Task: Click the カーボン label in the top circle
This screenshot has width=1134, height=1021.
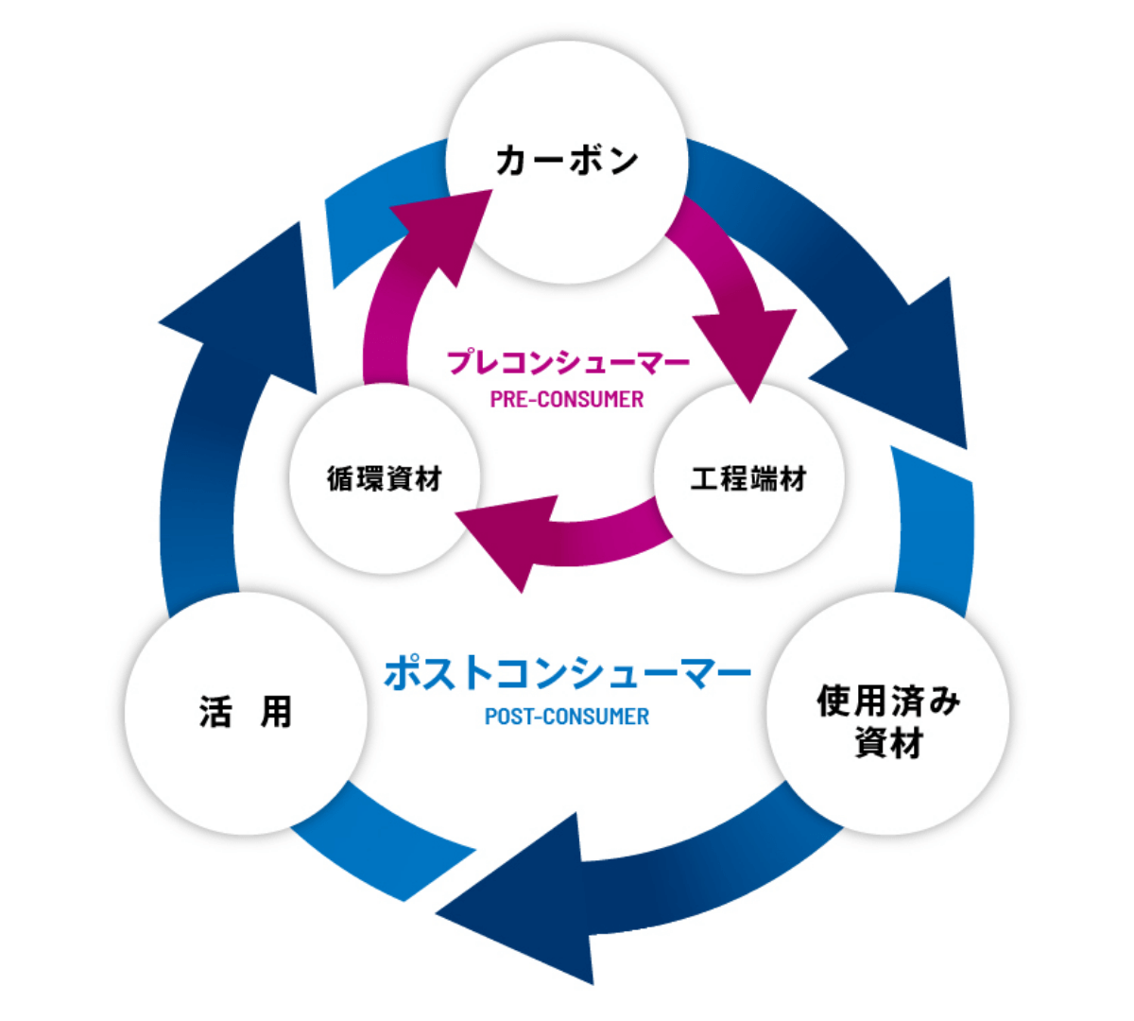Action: pos(567,160)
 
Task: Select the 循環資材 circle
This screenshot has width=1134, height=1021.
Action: pos(385,479)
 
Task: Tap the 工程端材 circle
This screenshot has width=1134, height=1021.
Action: pos(748,479)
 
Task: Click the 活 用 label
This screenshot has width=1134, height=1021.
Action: pos(245,712)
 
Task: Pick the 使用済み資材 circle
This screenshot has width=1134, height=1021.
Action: pos(887,720)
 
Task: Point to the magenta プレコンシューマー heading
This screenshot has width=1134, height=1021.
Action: pos(568,362)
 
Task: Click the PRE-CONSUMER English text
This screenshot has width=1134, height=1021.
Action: pos(567,399)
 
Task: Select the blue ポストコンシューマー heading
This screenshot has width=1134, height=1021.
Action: pos(567,673)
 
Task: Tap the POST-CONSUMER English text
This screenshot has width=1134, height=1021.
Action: pos(567,717)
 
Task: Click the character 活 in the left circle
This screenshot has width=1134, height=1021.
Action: pos(215,712)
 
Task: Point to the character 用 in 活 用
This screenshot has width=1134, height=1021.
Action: pos(276,712)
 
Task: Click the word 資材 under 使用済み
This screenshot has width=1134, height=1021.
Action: pos(888,743)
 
